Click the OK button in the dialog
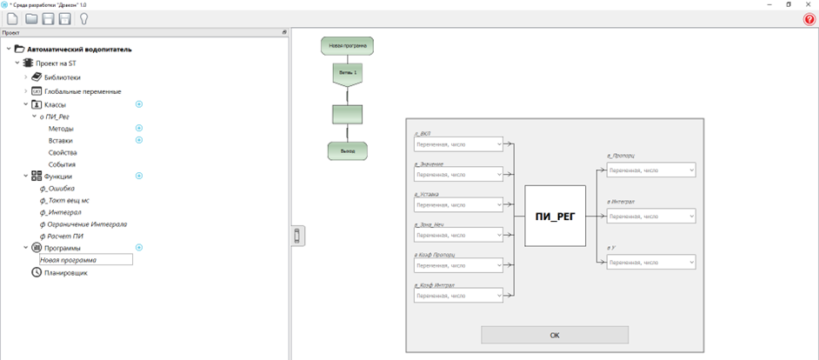tap(555, 335)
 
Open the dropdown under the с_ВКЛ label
tap(459, 144)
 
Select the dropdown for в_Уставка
tap(459, 204)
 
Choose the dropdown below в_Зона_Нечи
tap(459, 235)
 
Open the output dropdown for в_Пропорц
tap(651, 170)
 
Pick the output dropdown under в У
tap(651, 262)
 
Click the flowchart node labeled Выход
tap(347, 151)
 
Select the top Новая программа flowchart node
tap(348, 44)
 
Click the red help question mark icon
tap(809, 19)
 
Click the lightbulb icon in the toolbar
tap(84, 18)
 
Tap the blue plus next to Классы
tap(139, 104)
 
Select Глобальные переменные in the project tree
tap(83, 91)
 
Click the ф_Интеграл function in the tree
tap(61, 212)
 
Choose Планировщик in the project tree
tap(66, 273)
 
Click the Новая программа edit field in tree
tap(85, 260)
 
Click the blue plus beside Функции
tap(139, 176)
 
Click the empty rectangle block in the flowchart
tap(348, 115)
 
